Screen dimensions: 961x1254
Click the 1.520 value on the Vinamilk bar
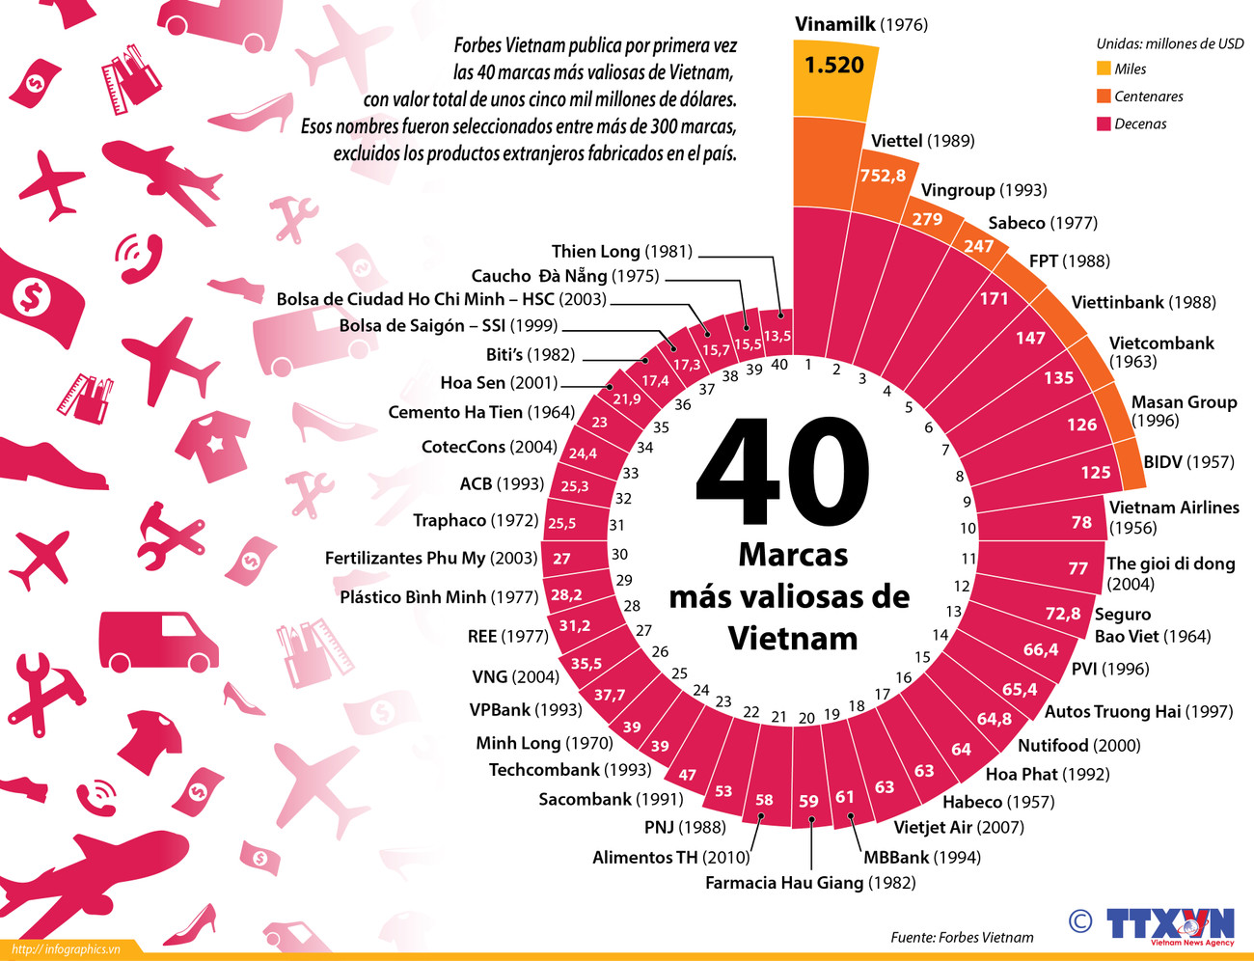click(x=834, y=66)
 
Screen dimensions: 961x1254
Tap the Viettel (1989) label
click(x=922, y=141)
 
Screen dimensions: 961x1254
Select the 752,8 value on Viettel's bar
click(x=883, y=176)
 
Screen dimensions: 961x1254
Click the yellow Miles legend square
click(x=1104, y=69)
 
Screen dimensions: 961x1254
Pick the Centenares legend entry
click(x=1148, y=96)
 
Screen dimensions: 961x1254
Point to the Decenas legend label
click(x=1140, y=124)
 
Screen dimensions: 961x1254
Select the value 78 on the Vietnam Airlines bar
click(x=1081, y=522)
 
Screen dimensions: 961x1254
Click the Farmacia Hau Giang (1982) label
click(x=810, y=883)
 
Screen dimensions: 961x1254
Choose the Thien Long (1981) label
click(x=622, y=252)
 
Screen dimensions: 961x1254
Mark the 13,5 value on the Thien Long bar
click(x=777, y=336)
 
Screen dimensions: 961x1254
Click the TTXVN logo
click(x=1169, y=924)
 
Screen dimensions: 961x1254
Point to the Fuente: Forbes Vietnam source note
click(x=962, y=937)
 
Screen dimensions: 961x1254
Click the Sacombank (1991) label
click(x=611, y=799)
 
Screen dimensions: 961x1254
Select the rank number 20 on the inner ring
click(x=806, y=718)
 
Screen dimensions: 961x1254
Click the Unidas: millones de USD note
click(x=1169, y=43)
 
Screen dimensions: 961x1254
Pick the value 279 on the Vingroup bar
click(x=927, y=219)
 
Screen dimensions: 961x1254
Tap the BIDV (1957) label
click(x=1188, y=462)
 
